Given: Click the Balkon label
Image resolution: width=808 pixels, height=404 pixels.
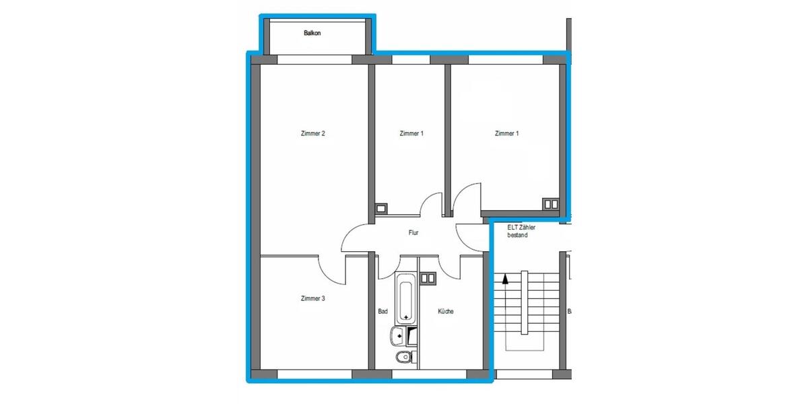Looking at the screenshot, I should [x=312, y=32].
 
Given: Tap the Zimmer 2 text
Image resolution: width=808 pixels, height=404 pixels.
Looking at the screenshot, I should [x=313, y=133].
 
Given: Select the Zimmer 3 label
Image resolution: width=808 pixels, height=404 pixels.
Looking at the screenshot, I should [x=313, y=298].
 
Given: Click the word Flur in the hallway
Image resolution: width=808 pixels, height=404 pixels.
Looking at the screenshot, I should [x=413, y=234].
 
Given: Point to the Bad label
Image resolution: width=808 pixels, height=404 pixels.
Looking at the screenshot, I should [x=382, y=312].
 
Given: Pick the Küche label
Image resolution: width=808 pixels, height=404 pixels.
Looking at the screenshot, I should [x=445, y=312].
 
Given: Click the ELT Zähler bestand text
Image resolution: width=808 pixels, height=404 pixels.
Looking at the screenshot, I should [x=522, y=232].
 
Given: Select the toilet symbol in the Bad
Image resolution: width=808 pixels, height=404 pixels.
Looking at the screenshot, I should [x=402, y=357].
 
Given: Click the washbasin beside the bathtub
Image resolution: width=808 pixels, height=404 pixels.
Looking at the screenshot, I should [x=397, y=334].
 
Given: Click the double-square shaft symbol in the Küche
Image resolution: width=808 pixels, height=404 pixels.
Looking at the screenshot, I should [x=428, y=277].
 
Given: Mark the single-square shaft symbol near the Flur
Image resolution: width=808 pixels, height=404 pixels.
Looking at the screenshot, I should [x=381, y=208].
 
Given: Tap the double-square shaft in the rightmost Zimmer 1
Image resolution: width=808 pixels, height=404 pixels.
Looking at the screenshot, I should [x=551, y=203].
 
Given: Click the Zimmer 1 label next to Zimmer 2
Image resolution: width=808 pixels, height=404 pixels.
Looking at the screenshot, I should [x=411, y=133].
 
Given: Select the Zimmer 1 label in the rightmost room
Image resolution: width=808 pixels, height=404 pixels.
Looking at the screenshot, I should [x=506, y=133].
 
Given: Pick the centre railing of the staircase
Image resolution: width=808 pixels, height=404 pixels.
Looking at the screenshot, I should [x=523, y=303].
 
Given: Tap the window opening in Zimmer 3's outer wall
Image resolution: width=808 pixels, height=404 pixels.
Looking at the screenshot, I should [x=314, y=374].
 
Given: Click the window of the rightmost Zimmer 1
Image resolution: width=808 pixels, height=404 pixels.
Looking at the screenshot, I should [x=505, y=59].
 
